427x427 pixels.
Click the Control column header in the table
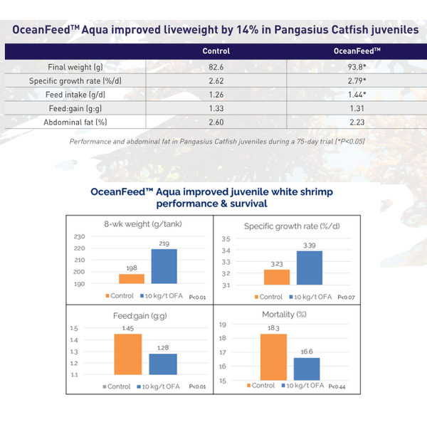click(x=216, y=51)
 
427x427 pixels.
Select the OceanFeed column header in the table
click(x=357, y=51)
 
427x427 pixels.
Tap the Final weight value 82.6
click(x=216, y=67)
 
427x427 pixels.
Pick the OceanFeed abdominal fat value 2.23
click(x=357, y=122)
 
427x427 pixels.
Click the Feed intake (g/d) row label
click(x=75, y=95)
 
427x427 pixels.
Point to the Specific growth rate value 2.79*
click(x=357, y=80)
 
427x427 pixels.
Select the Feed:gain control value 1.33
click(x=216, y=108)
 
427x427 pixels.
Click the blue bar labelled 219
click(x=164, y=266)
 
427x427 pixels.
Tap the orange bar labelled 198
click(x=132, y=279)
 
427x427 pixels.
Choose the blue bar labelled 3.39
click(x=310, y=268)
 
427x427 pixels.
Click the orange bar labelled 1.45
click(x=128, y=354)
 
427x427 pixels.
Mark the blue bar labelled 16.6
click(x=307, y=369)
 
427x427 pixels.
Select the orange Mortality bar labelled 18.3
click(x=273, y=357)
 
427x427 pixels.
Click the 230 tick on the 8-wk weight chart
click(x=79, y=237)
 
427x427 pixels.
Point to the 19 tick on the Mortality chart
click(x=223, y=325)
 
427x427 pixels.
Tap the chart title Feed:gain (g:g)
click(x=140, y=316)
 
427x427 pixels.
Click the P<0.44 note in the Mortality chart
click(x=337, y=386)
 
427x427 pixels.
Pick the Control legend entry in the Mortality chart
click(x=261, y=385)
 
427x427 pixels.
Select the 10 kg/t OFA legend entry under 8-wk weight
click(x=162, y=296)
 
